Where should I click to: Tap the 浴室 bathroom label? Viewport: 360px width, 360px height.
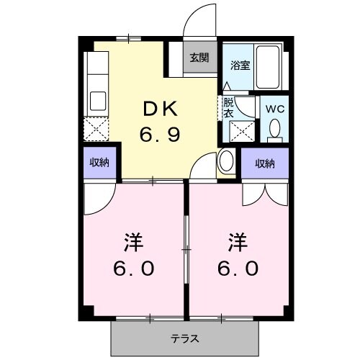tap(239, 64)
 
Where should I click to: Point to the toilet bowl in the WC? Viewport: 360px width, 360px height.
tap(274, 128)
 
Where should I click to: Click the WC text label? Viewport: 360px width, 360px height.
tap(274, 109)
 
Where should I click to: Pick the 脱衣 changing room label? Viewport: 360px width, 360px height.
tap(228, 108)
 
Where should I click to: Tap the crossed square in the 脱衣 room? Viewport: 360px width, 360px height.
tap(240, 132)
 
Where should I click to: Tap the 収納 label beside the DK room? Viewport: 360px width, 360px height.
tap(99, 163)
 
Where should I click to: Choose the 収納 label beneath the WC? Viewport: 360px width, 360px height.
tap(265, 163)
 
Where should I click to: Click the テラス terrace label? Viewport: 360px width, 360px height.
tap(185, 338)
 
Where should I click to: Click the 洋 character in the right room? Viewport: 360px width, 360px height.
tap(235, 239)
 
